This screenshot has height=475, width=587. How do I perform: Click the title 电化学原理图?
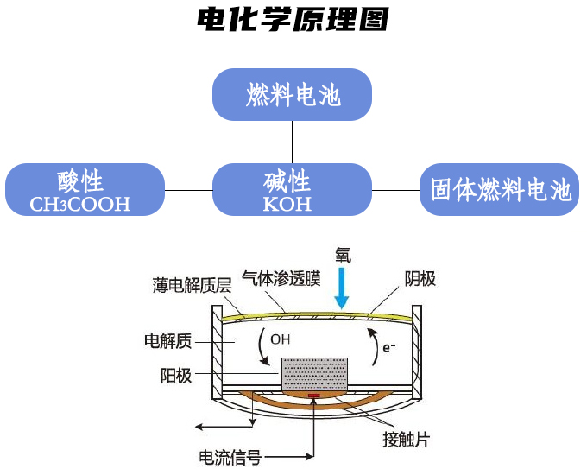pos(293,19)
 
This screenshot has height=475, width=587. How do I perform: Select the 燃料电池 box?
pos(293,94)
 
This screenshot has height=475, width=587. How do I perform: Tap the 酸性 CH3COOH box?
pos(85,189)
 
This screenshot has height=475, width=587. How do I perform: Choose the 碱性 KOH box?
pos(293,189)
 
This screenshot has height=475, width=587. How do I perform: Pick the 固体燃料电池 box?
pos(501,189)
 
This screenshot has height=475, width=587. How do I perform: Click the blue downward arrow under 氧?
pos(342,288)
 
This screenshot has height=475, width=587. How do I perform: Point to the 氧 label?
pos(343,255)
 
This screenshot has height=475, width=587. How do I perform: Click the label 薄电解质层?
pos(186,285)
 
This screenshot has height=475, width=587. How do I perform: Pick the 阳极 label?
pos(175,376)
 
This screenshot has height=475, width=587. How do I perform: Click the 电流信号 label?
pos(230,457)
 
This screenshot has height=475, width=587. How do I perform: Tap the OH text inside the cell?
pos(281,339)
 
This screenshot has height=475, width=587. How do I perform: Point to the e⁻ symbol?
pos(389,346)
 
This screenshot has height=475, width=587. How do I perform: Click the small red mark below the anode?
pos(314,398)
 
